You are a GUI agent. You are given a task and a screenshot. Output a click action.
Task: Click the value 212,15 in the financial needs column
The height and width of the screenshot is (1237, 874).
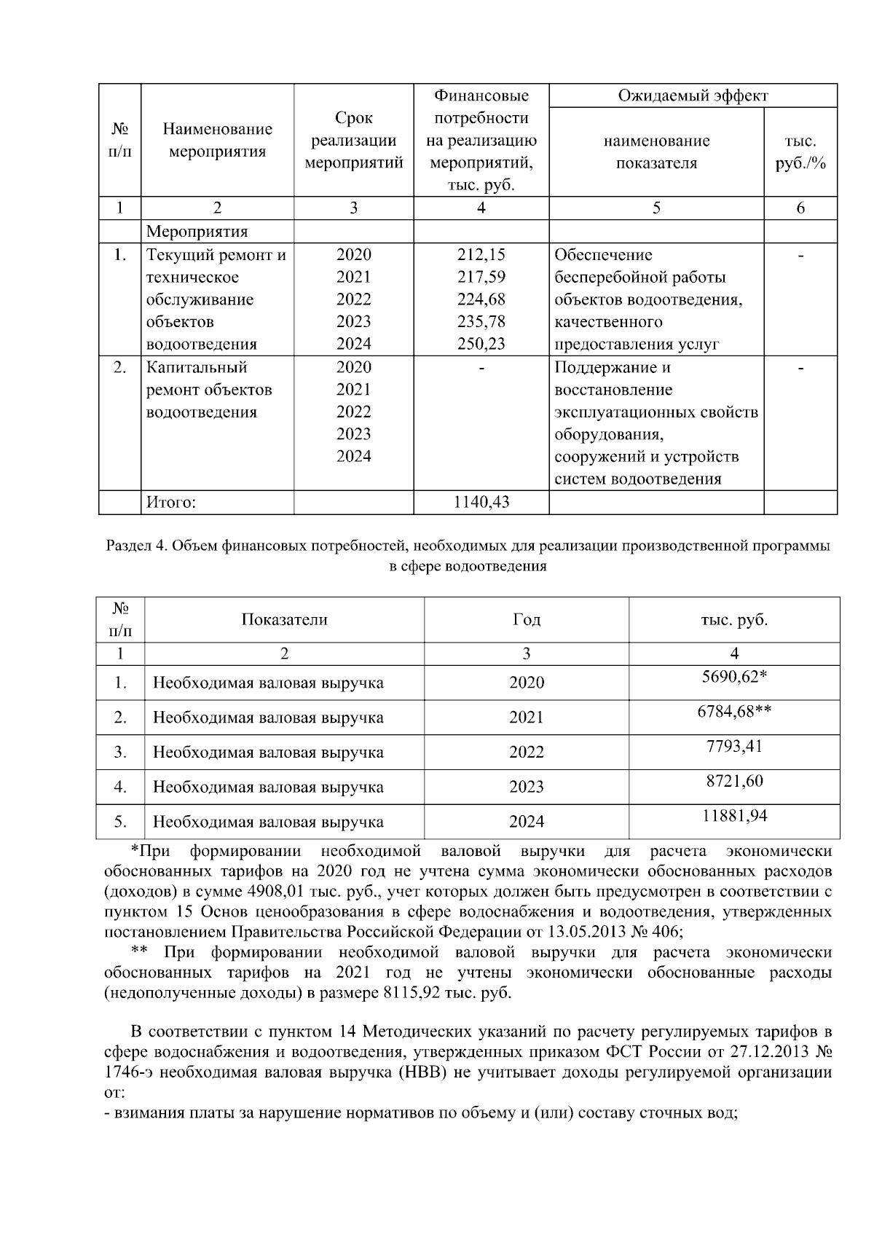pos(481,255)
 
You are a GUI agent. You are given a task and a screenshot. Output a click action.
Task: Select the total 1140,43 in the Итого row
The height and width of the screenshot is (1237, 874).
pos(481,502)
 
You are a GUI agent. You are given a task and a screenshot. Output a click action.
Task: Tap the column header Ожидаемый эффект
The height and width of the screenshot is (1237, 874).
pos(693,95)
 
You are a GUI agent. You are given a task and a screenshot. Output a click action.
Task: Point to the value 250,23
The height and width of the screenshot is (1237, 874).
pos(481,344)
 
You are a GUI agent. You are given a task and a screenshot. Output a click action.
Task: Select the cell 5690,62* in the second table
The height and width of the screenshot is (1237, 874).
pos(734,677)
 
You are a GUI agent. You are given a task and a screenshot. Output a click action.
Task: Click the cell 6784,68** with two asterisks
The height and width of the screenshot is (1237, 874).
pos(734,712)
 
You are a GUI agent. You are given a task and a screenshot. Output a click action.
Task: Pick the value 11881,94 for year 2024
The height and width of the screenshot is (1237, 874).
pos(734,816)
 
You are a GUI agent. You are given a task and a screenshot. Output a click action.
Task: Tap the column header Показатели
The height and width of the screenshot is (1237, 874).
pos(284,619)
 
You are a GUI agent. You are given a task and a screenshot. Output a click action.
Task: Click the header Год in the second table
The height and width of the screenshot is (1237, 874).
pos(527,619)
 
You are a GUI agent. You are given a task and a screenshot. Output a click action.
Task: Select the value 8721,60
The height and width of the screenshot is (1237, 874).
pos(734,781)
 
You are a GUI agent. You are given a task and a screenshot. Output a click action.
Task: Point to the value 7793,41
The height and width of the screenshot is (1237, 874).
pos(734,746)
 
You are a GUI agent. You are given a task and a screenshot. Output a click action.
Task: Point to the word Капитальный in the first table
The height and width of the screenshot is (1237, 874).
pos(197,367)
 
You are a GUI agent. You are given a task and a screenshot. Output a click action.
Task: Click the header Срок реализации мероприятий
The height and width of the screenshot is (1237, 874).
pos(353,141)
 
